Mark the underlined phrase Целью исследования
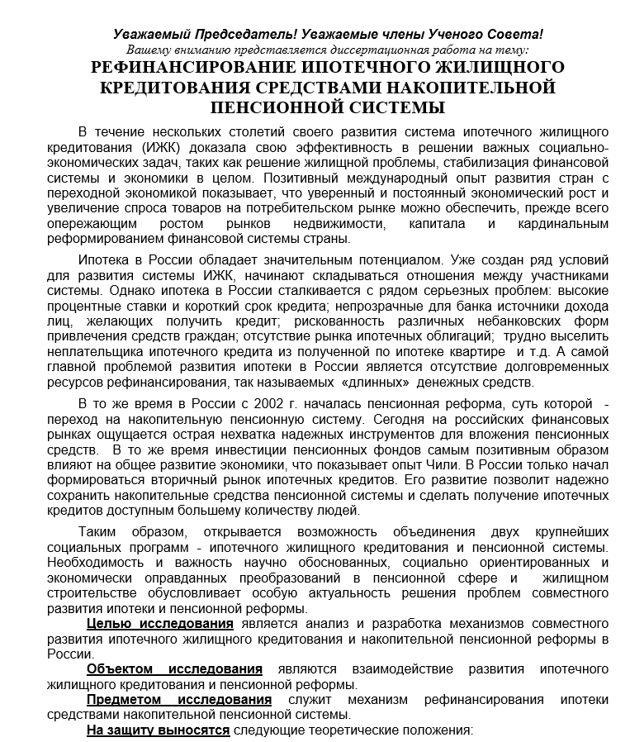[x=160, y=623]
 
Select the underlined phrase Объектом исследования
[x=174, y=668]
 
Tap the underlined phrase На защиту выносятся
[x=159, y=730]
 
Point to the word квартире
[x=467, y=351]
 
